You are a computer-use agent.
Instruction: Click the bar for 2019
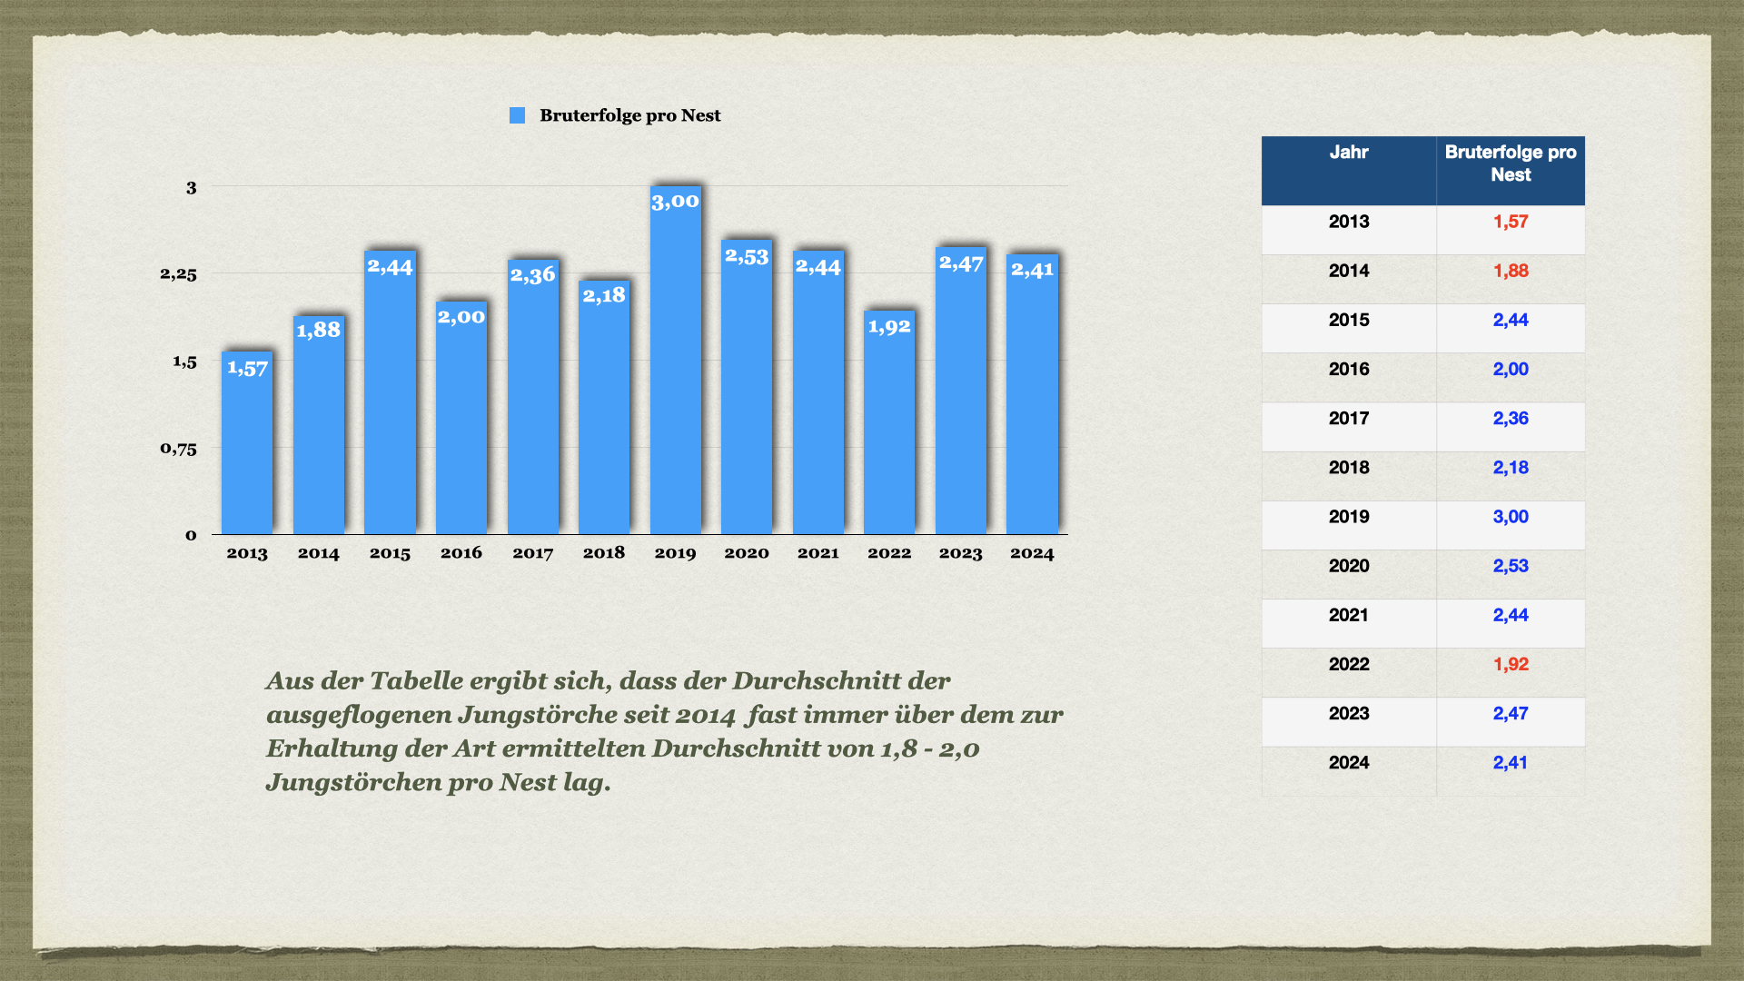(x=676, y=360)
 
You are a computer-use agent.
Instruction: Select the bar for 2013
(x=247, y=442)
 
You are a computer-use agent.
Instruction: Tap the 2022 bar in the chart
(x=889, y=422)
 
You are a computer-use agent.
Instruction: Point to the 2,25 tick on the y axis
(x=178, y=273)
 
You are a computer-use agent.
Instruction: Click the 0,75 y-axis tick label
(x=178, y=448)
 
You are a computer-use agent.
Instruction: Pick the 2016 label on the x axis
(x=461, y=552)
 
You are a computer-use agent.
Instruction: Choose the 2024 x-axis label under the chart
(x=1032, y=553)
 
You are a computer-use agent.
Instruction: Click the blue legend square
(x=518, y=115)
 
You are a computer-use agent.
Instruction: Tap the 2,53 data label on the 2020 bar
(x=747, y=256)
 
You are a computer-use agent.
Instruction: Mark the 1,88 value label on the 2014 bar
(x=319, y=330)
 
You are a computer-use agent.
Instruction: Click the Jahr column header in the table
(x=1349, y=153)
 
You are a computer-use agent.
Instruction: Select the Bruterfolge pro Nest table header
(x=1511, y=163)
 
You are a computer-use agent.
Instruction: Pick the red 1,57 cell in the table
(x=1511, y=222)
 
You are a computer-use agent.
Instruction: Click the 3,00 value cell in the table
(x=1511, y=517)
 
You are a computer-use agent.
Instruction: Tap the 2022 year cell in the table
(x=1349, y=664)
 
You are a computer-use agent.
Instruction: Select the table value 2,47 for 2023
(x=1511, y=713)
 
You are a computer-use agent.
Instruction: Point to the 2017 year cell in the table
(x=1349, y=418)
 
